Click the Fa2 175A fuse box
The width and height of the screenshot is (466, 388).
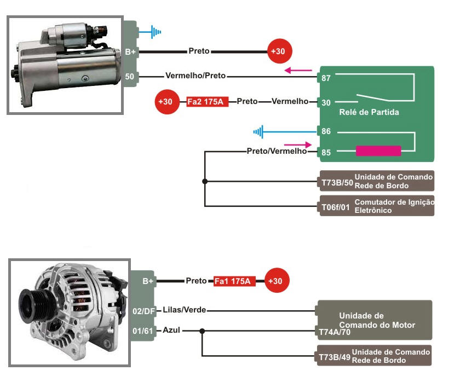tap(208, 102)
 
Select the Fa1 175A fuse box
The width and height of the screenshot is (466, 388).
tap(232, 281)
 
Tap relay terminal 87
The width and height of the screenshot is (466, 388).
tap(326, 78)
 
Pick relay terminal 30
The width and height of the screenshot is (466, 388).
tap(326, 102)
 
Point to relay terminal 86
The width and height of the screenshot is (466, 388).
tap(326, 132)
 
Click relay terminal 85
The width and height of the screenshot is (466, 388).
tap(326, 152)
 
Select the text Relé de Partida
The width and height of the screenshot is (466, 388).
tap(369, 112)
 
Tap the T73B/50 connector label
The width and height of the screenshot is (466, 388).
tap(336, 182)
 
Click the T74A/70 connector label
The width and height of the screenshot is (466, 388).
tap(335, 332)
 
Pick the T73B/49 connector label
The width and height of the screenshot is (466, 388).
tap(334, 357)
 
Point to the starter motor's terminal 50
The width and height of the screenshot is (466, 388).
tap(130, 77)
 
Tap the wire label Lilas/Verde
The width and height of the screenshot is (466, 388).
tap(184, 310)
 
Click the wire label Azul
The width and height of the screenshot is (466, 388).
tap(171, 331)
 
